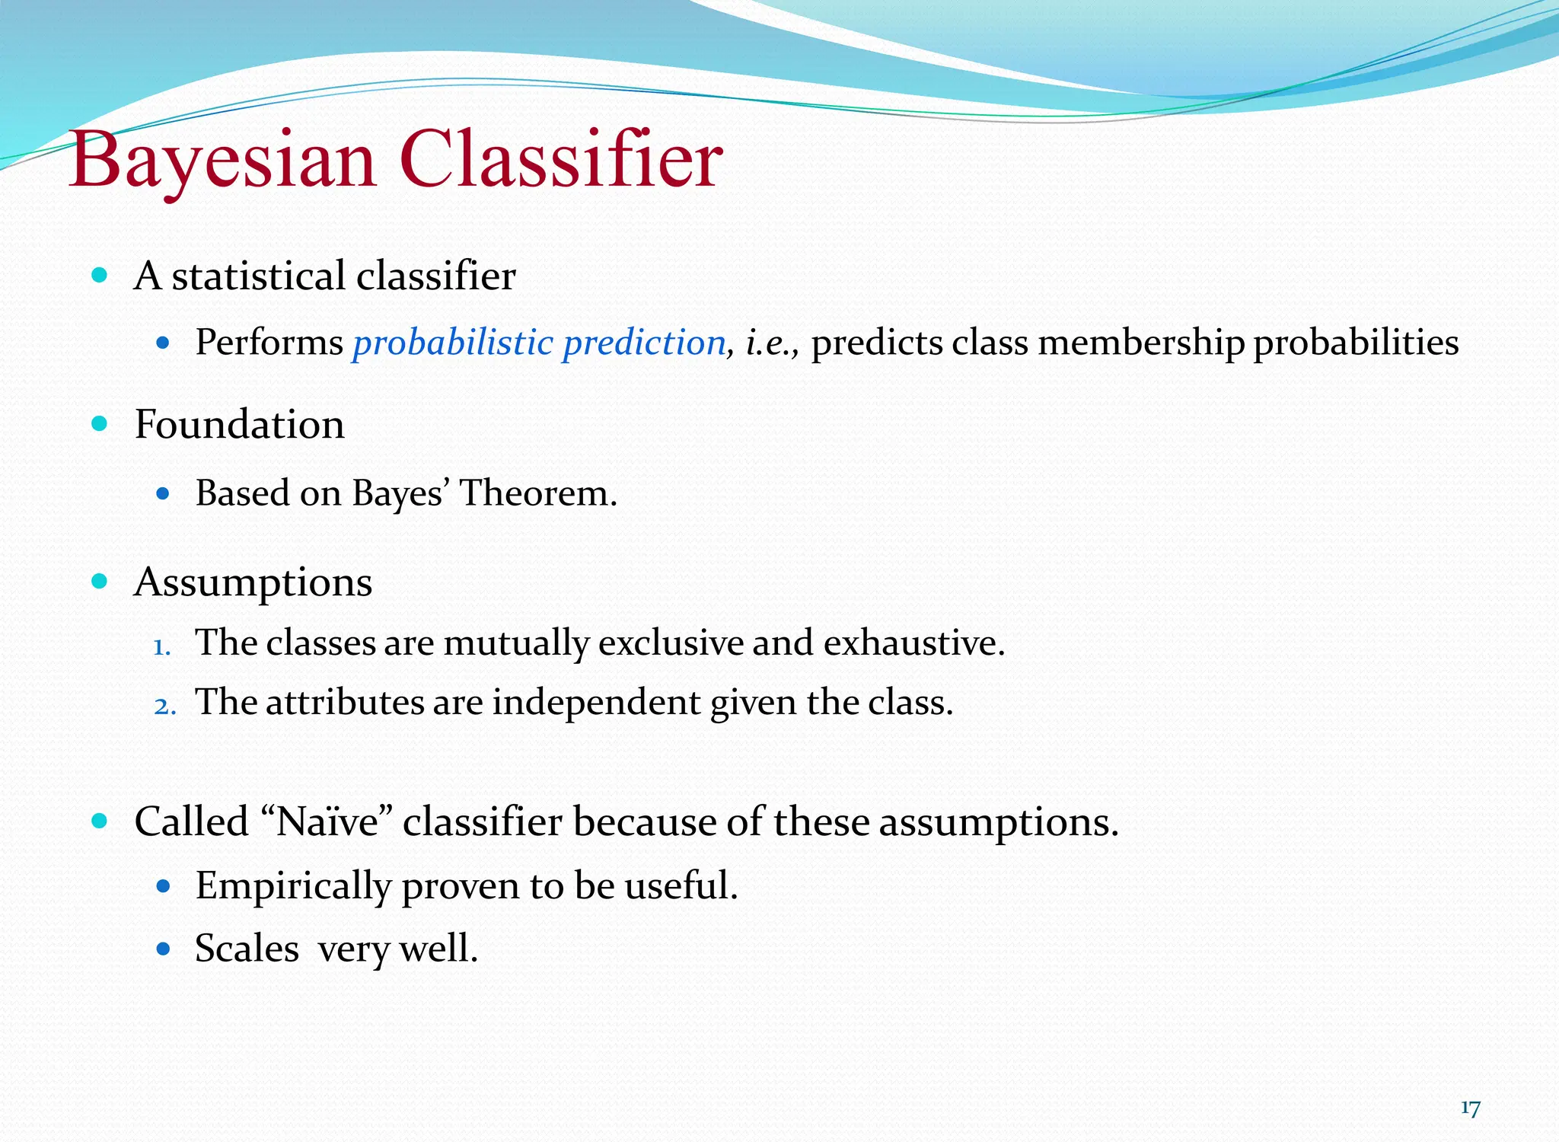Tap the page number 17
click(1470, 1108)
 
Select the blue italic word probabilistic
click(452, 343)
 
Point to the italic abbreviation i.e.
click(771, 343)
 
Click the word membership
click(1140, 343)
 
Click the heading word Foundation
click(239, 424)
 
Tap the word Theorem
click(537, 493)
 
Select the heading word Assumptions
click(253, 582)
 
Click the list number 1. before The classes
click(161, 647)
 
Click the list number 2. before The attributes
click(164, 707)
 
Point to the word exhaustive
click(913, 643)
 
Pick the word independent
click(596, 702)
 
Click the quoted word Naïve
click(327, 822)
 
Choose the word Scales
click(247, 949)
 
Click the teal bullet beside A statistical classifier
click(99, 275)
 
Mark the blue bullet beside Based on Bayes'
click(162, 493)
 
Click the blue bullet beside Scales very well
click(162, 949)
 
